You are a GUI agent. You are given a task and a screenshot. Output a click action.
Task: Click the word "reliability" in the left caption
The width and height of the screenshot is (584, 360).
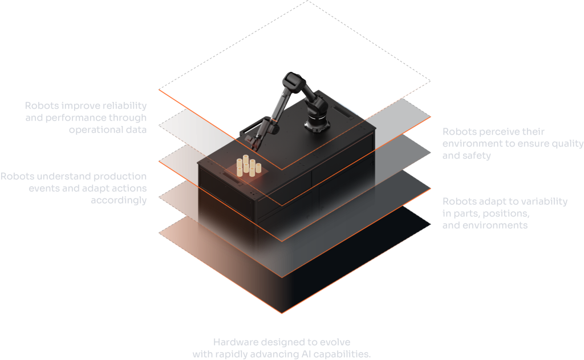(x=124, y=106)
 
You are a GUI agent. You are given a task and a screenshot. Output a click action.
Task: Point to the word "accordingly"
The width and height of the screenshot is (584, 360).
(x=119, y=200)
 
